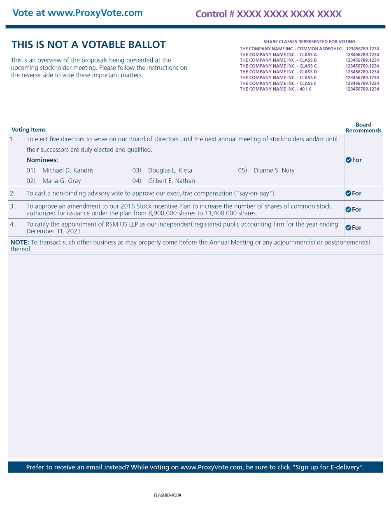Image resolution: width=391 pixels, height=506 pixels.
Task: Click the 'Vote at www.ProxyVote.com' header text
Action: (77, 13)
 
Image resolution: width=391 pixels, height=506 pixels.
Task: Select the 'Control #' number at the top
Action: (268, 14)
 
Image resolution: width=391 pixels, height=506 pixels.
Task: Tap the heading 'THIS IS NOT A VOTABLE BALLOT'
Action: (88, 45)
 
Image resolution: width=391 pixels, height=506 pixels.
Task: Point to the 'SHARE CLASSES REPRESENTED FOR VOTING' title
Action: (309, 42)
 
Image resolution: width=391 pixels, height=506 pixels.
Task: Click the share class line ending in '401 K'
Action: (275, 89)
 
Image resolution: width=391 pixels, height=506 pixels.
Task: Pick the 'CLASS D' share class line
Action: (278, 72)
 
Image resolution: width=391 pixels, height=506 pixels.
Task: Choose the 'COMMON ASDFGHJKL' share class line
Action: (291, 49)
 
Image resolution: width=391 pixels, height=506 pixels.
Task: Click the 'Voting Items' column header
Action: (28, 130)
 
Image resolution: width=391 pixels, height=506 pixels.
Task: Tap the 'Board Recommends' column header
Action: (363, 128)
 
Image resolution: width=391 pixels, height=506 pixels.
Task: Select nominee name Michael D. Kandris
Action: (68, 170)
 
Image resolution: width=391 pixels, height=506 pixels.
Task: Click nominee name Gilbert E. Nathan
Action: (172, 181)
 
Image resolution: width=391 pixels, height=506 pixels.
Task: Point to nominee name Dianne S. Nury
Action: (274, 170)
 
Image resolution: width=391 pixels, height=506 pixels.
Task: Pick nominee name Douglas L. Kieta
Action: (170, 170)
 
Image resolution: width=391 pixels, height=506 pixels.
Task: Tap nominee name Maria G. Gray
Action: (61, 181)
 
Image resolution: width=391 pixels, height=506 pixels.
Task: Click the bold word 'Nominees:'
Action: (42, 160)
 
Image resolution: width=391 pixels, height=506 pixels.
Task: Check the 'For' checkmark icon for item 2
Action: (348, 193)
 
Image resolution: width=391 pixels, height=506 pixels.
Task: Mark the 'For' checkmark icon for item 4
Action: (348, 227)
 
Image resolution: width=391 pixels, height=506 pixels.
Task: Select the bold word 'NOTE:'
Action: (20, 242)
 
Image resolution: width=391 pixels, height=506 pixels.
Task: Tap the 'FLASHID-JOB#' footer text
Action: (168, 495)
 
